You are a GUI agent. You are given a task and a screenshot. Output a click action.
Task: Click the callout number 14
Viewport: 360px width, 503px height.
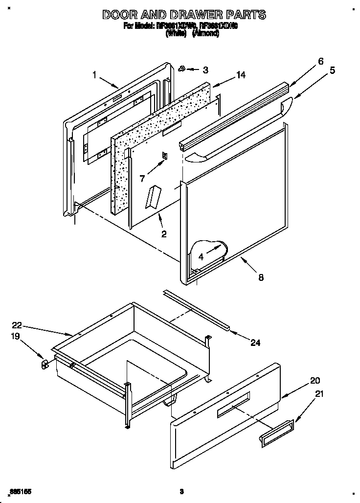pyautogui.click(x=240, y=75)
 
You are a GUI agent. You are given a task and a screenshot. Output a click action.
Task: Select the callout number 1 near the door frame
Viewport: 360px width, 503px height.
pyautogui.click(x=94, y=74)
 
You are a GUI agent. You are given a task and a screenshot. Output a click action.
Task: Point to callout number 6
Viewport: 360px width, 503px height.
pyautogui.click(x=320, y=61)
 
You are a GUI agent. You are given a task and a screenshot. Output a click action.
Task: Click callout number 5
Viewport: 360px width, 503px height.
pyautogui.click(x=332, y=70)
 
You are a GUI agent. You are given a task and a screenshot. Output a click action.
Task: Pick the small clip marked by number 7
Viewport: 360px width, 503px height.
pyautogui.click(x=165, y=156)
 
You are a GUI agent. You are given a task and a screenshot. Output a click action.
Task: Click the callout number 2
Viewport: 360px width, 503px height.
pyautogui.click(x=164, y=234)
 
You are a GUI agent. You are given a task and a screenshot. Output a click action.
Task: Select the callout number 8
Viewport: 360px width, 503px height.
pyautogui.click(x=261, y=277)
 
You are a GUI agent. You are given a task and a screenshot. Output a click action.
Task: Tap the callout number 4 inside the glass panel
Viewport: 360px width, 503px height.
pyautogui.click(x=201, y=255)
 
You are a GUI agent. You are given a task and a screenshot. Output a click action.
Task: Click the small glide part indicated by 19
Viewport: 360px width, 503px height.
pyautogui.click(x=44, y=364)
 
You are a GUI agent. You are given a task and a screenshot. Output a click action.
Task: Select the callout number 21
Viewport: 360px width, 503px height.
pyautogui.click(x=319, y=393)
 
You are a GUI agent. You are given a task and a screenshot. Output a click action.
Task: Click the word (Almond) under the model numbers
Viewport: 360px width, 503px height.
pyautogui.click(x=205, y=33)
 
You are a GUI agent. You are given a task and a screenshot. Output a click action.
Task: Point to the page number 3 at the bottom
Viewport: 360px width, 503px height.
pyautogui.click(x=180, y=491)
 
